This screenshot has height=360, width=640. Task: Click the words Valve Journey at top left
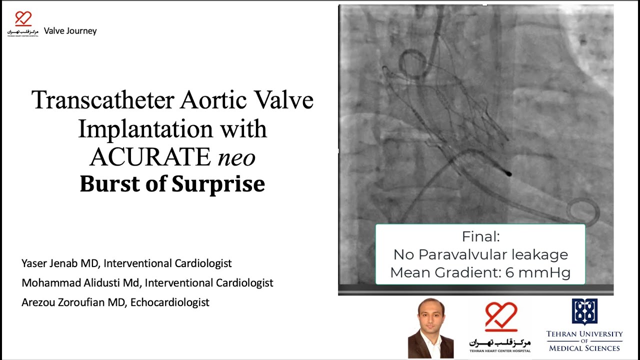coord(70,31)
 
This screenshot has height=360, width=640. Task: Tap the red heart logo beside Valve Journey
coord(23,19)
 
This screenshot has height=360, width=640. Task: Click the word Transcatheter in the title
coord(102,100)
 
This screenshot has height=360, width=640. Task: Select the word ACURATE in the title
coord(150,157)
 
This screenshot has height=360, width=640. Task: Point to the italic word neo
coord(236,157)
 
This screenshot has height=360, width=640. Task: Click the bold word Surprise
coord(218,183)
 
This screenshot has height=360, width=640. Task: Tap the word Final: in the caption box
coord(480,236)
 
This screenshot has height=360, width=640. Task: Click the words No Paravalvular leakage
coord(480,254)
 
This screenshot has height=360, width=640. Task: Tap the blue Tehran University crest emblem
coord(584,312)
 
